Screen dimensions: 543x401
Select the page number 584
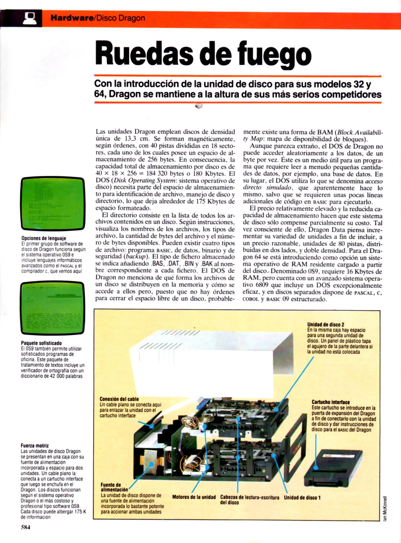click(x=25, y=527)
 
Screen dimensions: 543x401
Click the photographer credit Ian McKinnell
click(x=385, y=508)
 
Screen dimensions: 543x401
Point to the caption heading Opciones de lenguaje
click(x=44, y=238)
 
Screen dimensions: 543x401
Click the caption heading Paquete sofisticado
click(x=41, y=343)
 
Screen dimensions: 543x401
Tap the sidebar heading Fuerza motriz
click(x=35, y=446)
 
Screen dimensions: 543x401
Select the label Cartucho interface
click(x=331, y=402)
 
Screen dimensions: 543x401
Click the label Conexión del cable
click(x=119, y=399)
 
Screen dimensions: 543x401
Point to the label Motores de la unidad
click(x=194, y=497)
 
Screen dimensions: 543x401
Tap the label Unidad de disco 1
click(x=302, y=497)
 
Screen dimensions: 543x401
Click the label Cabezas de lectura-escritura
click(x=250, y=497)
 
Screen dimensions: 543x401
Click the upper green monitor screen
click(x=53, y=203)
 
